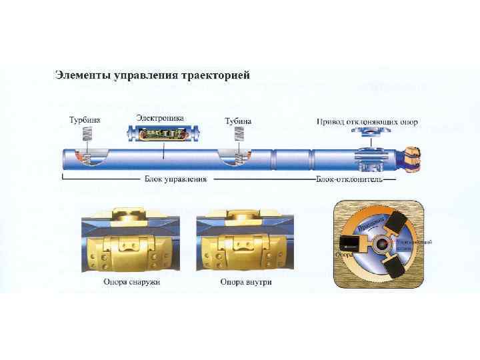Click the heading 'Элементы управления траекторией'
click(152, 74)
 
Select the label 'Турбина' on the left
click(85, 121)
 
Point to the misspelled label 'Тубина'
click(238, 121)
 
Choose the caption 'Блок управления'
click(175, 179)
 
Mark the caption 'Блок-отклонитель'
click(349, 179)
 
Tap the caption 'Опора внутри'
click(245, 282)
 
